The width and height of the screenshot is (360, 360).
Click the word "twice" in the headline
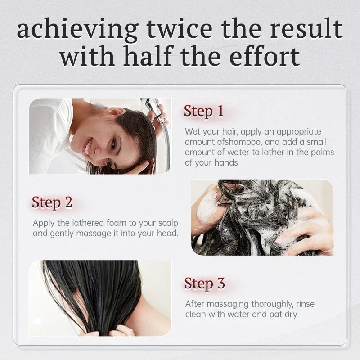tap(180, 29)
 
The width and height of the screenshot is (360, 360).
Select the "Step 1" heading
tap(204, 111)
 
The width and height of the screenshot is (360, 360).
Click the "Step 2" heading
tap(52, 203)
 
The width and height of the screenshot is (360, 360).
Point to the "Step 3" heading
tap(204, 283)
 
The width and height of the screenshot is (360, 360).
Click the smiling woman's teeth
tap(88, 147)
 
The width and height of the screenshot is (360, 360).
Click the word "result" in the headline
tap(306, 29)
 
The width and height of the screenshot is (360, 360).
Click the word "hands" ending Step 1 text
tap(226, 163)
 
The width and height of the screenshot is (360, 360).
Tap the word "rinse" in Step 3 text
tap(305, 304)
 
